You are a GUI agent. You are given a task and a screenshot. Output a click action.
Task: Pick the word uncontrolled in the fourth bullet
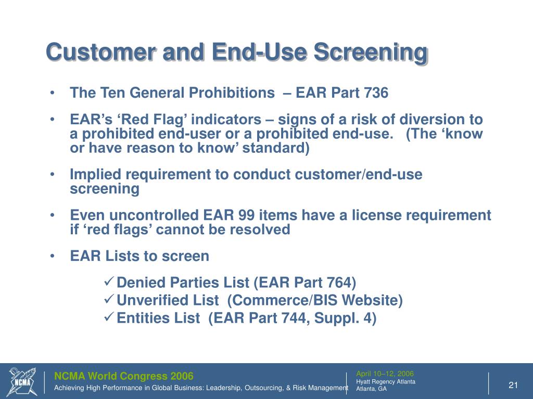(147, 216)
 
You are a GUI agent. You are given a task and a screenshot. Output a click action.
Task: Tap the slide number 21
(513, 384)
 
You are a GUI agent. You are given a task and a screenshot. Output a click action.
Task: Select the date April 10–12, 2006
(385, 374)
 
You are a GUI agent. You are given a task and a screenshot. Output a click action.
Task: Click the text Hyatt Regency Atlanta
(385, 381)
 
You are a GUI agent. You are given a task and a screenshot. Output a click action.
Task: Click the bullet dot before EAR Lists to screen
(54, 256)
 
